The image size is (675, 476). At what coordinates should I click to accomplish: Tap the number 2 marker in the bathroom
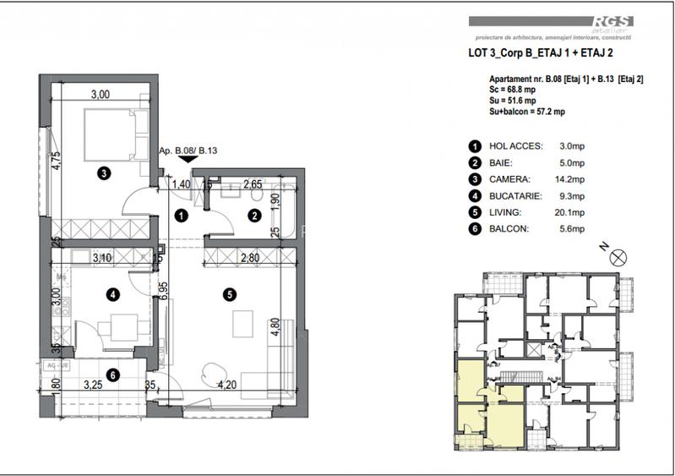click(253, 216)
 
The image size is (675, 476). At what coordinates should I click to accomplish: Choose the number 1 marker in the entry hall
click(181, 216)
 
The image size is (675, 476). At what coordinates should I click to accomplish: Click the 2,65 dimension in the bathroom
click(253, 183)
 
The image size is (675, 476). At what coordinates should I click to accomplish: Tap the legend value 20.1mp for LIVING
click(572, 212)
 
